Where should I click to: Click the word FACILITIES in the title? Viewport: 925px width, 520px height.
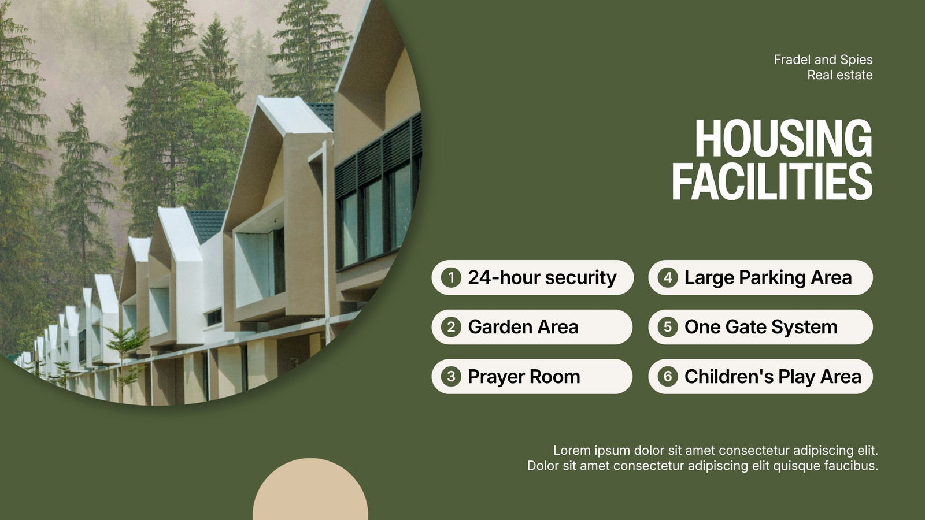click(772, 181)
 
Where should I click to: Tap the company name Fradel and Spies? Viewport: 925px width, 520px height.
click(823, 60)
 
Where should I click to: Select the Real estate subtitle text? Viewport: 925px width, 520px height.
click(840, 75)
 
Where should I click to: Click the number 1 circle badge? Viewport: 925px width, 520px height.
click(451, 277)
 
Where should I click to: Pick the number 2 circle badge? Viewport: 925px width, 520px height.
click(451, 327)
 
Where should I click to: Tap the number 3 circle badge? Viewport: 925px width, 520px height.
click(451, 376)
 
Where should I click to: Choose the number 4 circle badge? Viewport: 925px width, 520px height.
click(668, 277)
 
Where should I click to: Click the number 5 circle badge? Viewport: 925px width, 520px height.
click(668, 327)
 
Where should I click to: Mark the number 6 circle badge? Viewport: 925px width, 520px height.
click(668, 376)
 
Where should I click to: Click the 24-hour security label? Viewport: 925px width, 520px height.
click(542, 278)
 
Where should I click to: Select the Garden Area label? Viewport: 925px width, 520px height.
click(523, 327)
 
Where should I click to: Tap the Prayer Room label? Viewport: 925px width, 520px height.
click(524, 377)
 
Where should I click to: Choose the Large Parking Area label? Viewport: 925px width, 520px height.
click(768, 278)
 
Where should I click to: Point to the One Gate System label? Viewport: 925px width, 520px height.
click(761, 327)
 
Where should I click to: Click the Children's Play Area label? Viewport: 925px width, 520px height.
click(773, 377)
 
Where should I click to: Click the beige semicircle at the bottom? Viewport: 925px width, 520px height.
click(310, 491)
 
